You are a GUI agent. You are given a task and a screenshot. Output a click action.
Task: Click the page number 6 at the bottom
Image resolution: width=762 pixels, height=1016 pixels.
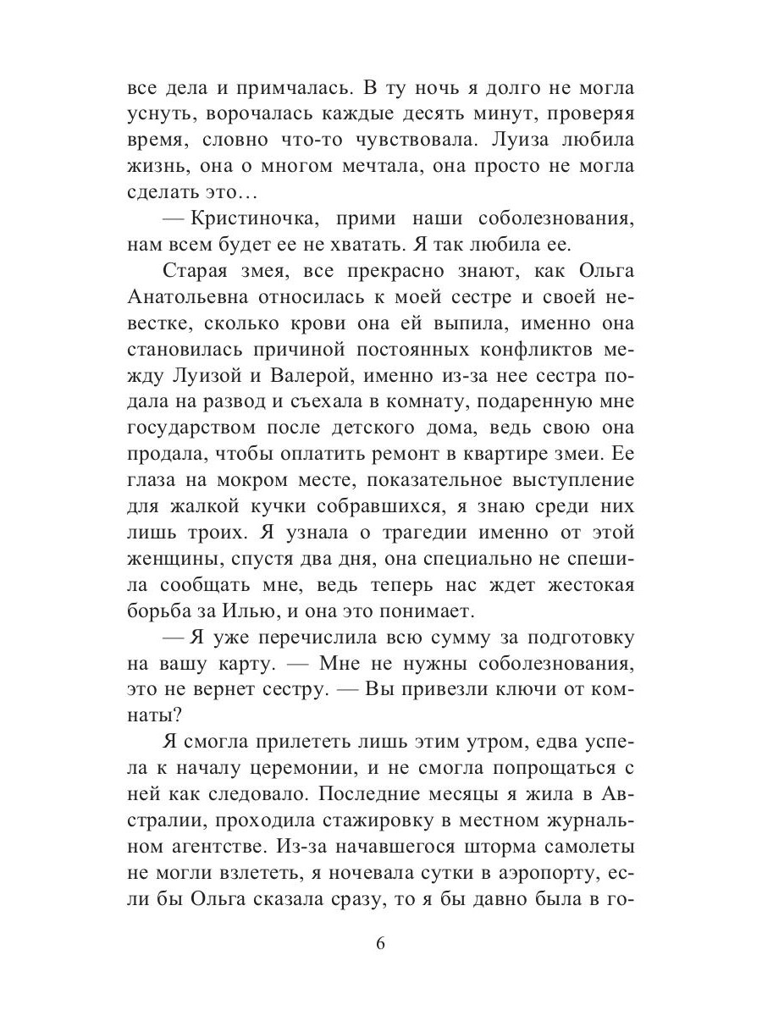pyautogui.click(x=381, y=945)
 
